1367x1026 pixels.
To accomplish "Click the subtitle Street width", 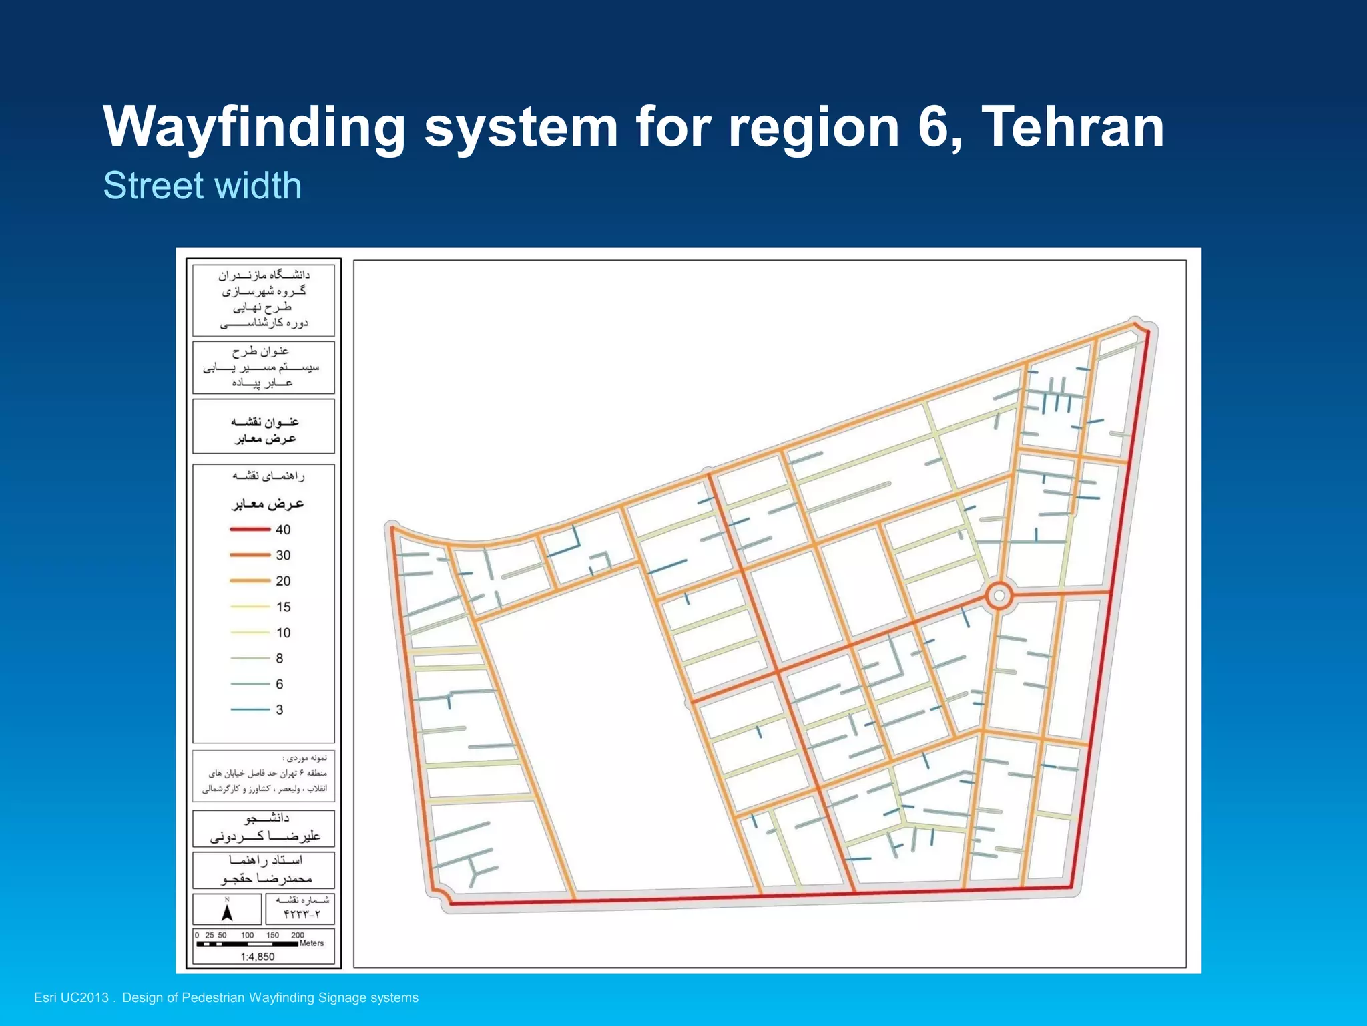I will (202, 185).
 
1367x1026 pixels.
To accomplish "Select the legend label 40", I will (283, 530).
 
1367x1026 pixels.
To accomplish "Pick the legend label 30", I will (283, 556).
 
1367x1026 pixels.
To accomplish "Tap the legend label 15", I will (283, 607).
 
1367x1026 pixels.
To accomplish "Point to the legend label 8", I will (280, 659).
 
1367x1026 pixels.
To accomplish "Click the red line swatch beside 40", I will (250, 530).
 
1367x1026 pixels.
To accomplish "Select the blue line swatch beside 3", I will (250, 709).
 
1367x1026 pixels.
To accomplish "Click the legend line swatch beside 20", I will (250, 581).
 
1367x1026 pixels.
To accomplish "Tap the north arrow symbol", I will (227, 912).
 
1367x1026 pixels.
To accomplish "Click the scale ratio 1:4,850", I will (258, 957).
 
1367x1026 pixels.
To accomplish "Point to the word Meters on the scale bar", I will (312, 943).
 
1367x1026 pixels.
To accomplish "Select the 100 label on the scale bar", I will (248, 935).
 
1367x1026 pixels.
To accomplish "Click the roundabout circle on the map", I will (999, 595).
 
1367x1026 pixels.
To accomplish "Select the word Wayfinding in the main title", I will (254, 127).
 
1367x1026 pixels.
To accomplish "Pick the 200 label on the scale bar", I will (298, 935).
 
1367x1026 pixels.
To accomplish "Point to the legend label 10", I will (283, 633).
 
